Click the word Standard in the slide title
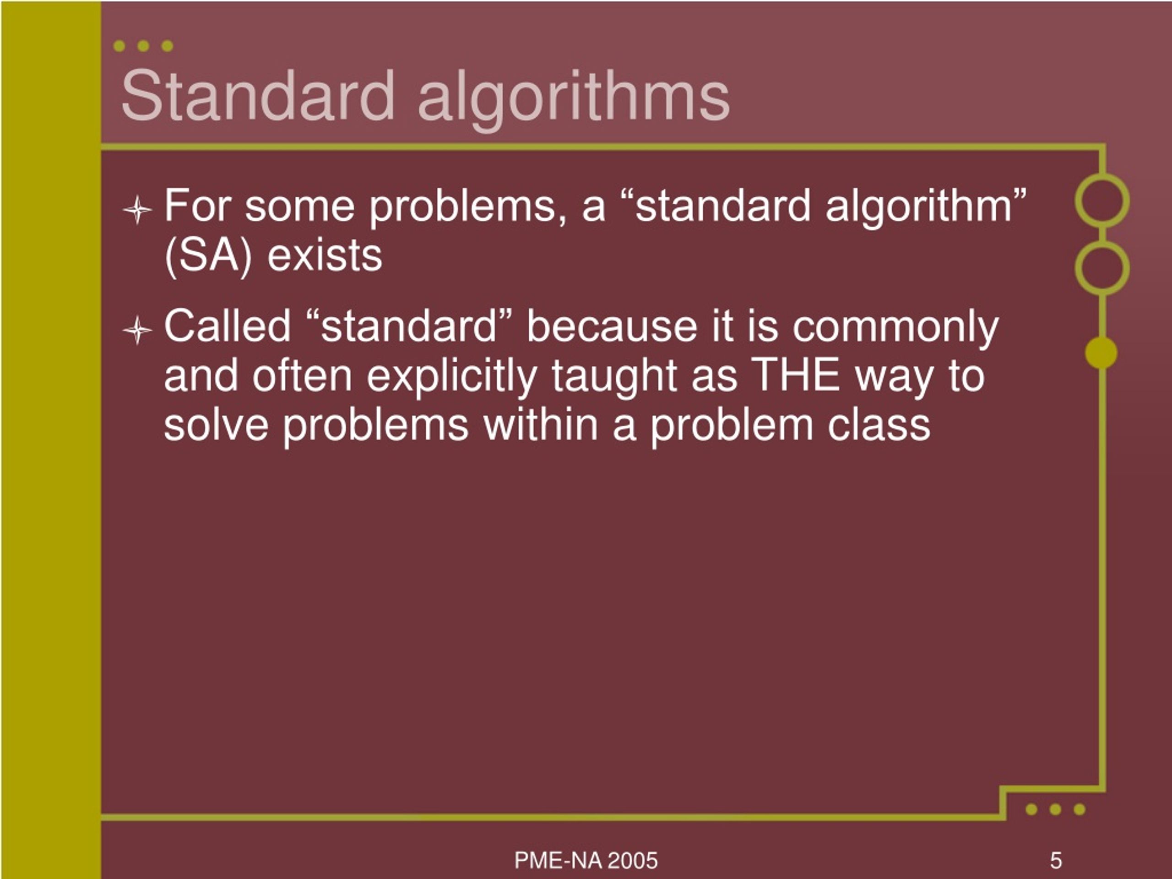[x=257, y=96]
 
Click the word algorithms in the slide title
[x=573, y=98]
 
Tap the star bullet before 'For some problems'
[x=137, y=210]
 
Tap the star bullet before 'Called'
[x=137, y=330]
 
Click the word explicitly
[x=452, y=377]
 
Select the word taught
[x=614, y=377]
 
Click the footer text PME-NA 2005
[x=586, y=860]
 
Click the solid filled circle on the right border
[x=1101, y=353]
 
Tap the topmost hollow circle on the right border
[x=1101, y=201]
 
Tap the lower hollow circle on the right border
[x=1101, y=268]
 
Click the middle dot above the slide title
[x=143, y=46]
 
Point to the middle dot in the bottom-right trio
[x=1055, y=809]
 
